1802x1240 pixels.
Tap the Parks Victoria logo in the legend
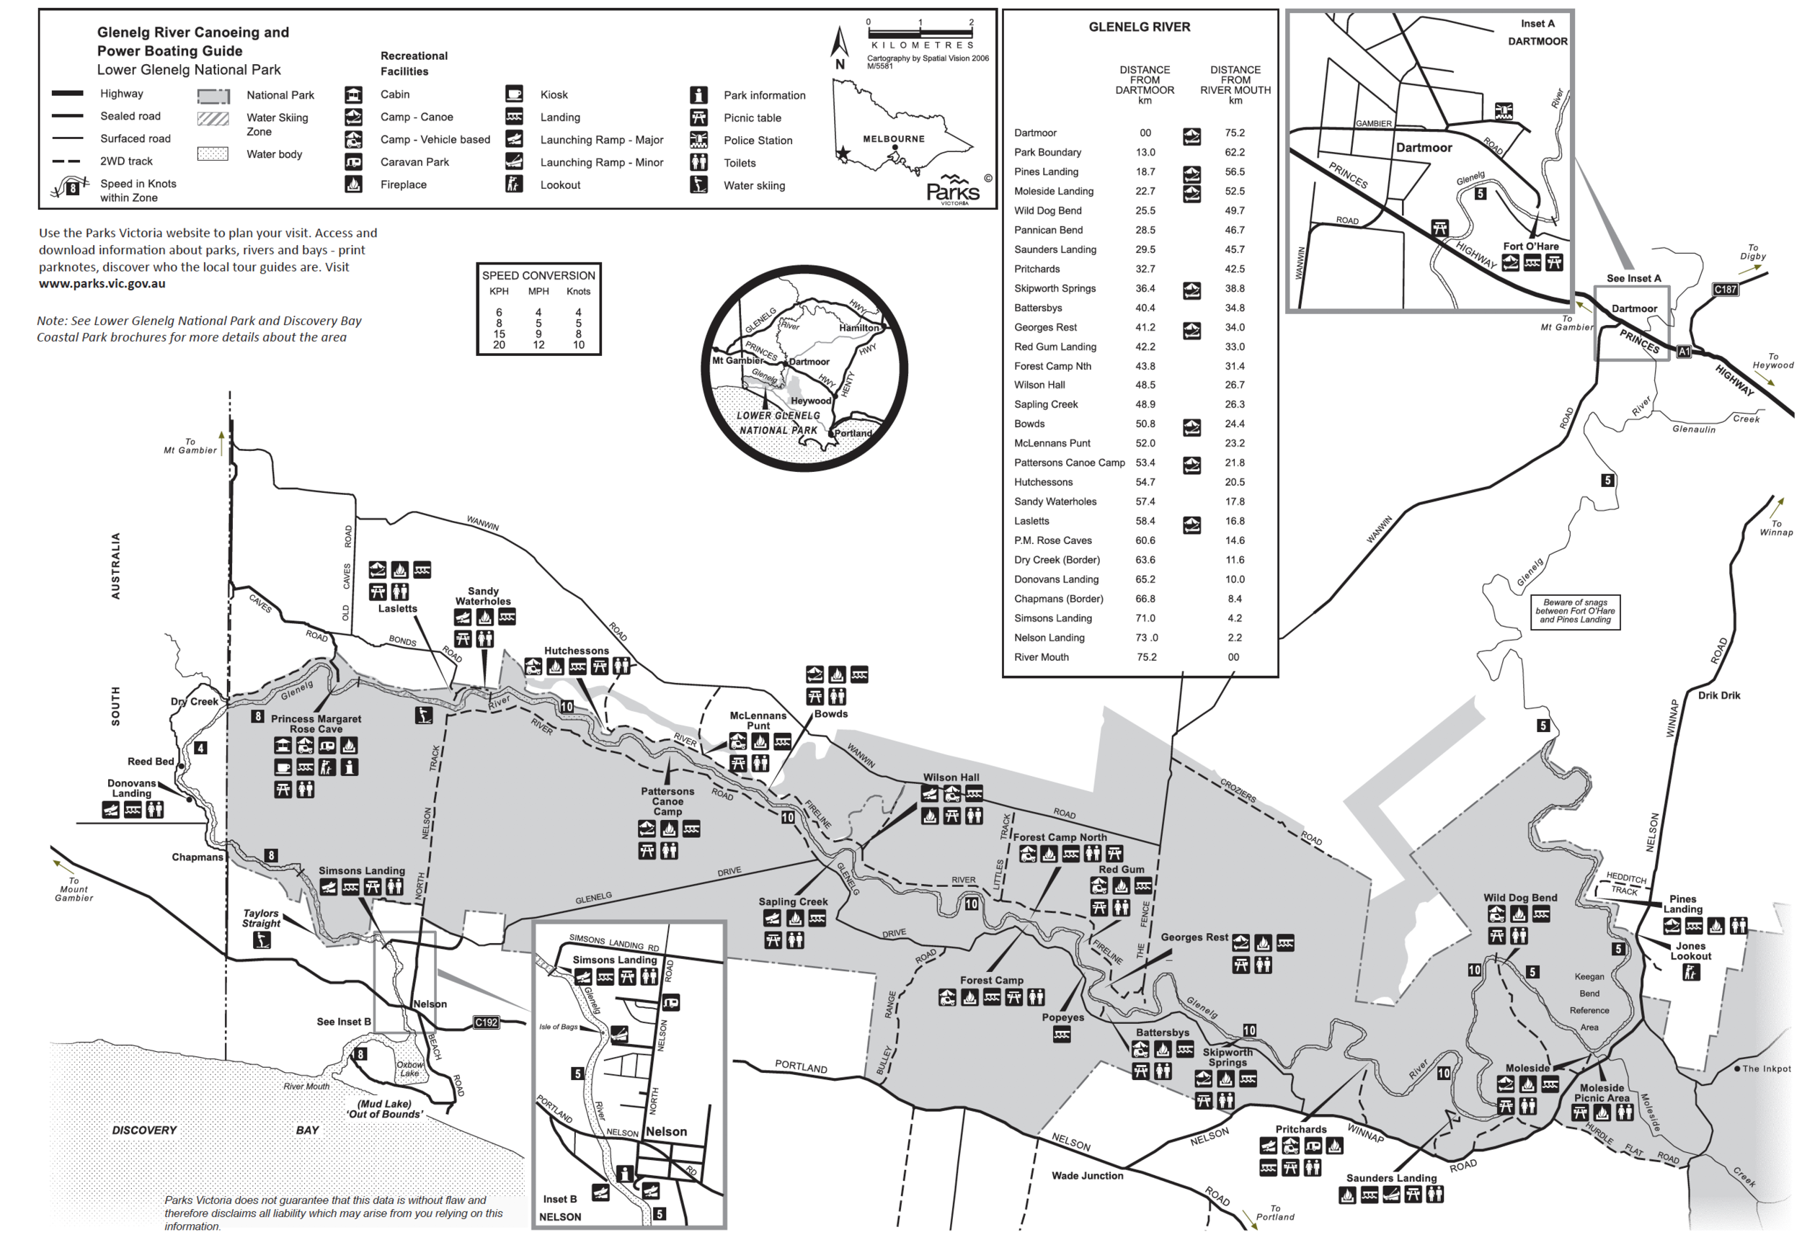(954, 189)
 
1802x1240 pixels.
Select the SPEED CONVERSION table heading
(538, 276)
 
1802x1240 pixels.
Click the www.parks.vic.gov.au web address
(102, 284)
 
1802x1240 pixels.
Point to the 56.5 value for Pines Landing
(1234, 171)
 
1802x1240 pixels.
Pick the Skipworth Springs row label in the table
(1055, 288)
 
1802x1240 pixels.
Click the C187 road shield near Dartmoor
(1724, 290)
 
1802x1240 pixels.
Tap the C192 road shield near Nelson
(486, 1022)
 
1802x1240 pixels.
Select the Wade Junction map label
(1086, 1175)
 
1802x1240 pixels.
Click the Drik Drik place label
(1718, 695)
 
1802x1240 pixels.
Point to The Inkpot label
(1765, 1069)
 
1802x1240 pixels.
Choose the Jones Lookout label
(1690, 951)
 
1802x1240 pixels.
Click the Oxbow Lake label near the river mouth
(409, 1069)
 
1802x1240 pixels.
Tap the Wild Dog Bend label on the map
(1519, 897)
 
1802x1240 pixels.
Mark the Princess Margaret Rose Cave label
(316, 723)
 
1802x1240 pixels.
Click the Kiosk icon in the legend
(514, 94)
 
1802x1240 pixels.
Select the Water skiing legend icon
(698, 185)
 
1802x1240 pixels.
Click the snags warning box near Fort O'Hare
(1574, 611)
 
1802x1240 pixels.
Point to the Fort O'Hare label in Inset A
(1530, 246)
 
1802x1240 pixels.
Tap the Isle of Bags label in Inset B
(558, 1027)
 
